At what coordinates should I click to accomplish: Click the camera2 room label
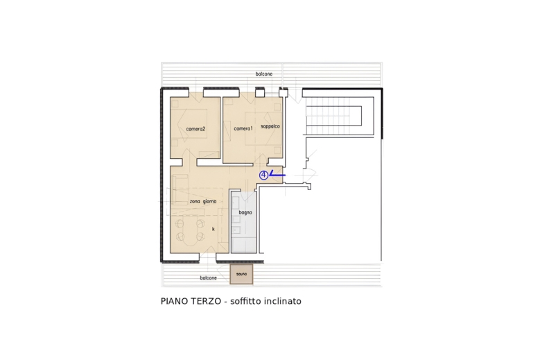tap(195, 128)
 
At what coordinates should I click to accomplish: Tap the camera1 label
tap(243, 128)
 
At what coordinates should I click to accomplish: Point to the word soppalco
tap(270, 126)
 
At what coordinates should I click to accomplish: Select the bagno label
tap(245, 212)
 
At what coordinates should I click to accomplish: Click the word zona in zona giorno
tap(195, 201)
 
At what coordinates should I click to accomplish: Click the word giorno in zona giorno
tap(209, 201)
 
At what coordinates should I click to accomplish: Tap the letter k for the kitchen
tap(213, 229)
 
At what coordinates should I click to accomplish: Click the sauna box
tap(241, 274)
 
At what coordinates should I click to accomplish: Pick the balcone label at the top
tap(263, 74)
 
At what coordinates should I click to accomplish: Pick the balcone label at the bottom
tap(208, 278)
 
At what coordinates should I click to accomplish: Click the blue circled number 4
tap(263, 175)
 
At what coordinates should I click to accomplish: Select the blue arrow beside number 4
tap(277, 175)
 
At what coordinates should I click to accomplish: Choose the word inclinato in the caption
tap(284, 302)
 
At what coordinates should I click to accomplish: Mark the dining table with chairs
tap(189, 228)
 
